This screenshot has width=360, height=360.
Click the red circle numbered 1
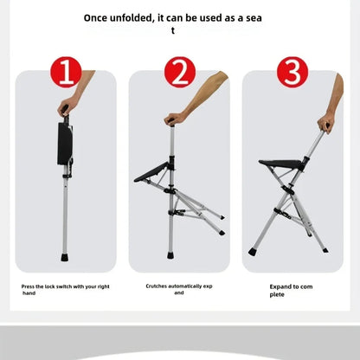tap(66, 72)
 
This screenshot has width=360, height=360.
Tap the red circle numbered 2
tap(179, 72)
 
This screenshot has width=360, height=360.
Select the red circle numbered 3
tap(292, 72)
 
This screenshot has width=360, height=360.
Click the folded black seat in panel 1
tap(65, 144)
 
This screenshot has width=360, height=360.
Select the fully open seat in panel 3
tap(281, 163)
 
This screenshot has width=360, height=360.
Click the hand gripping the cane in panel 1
tap(63, 109)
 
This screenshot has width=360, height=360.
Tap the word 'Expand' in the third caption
tap(279, 285)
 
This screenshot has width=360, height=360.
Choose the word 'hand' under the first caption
tap(29, 292)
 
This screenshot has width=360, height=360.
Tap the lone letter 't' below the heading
tap(173, 30)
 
